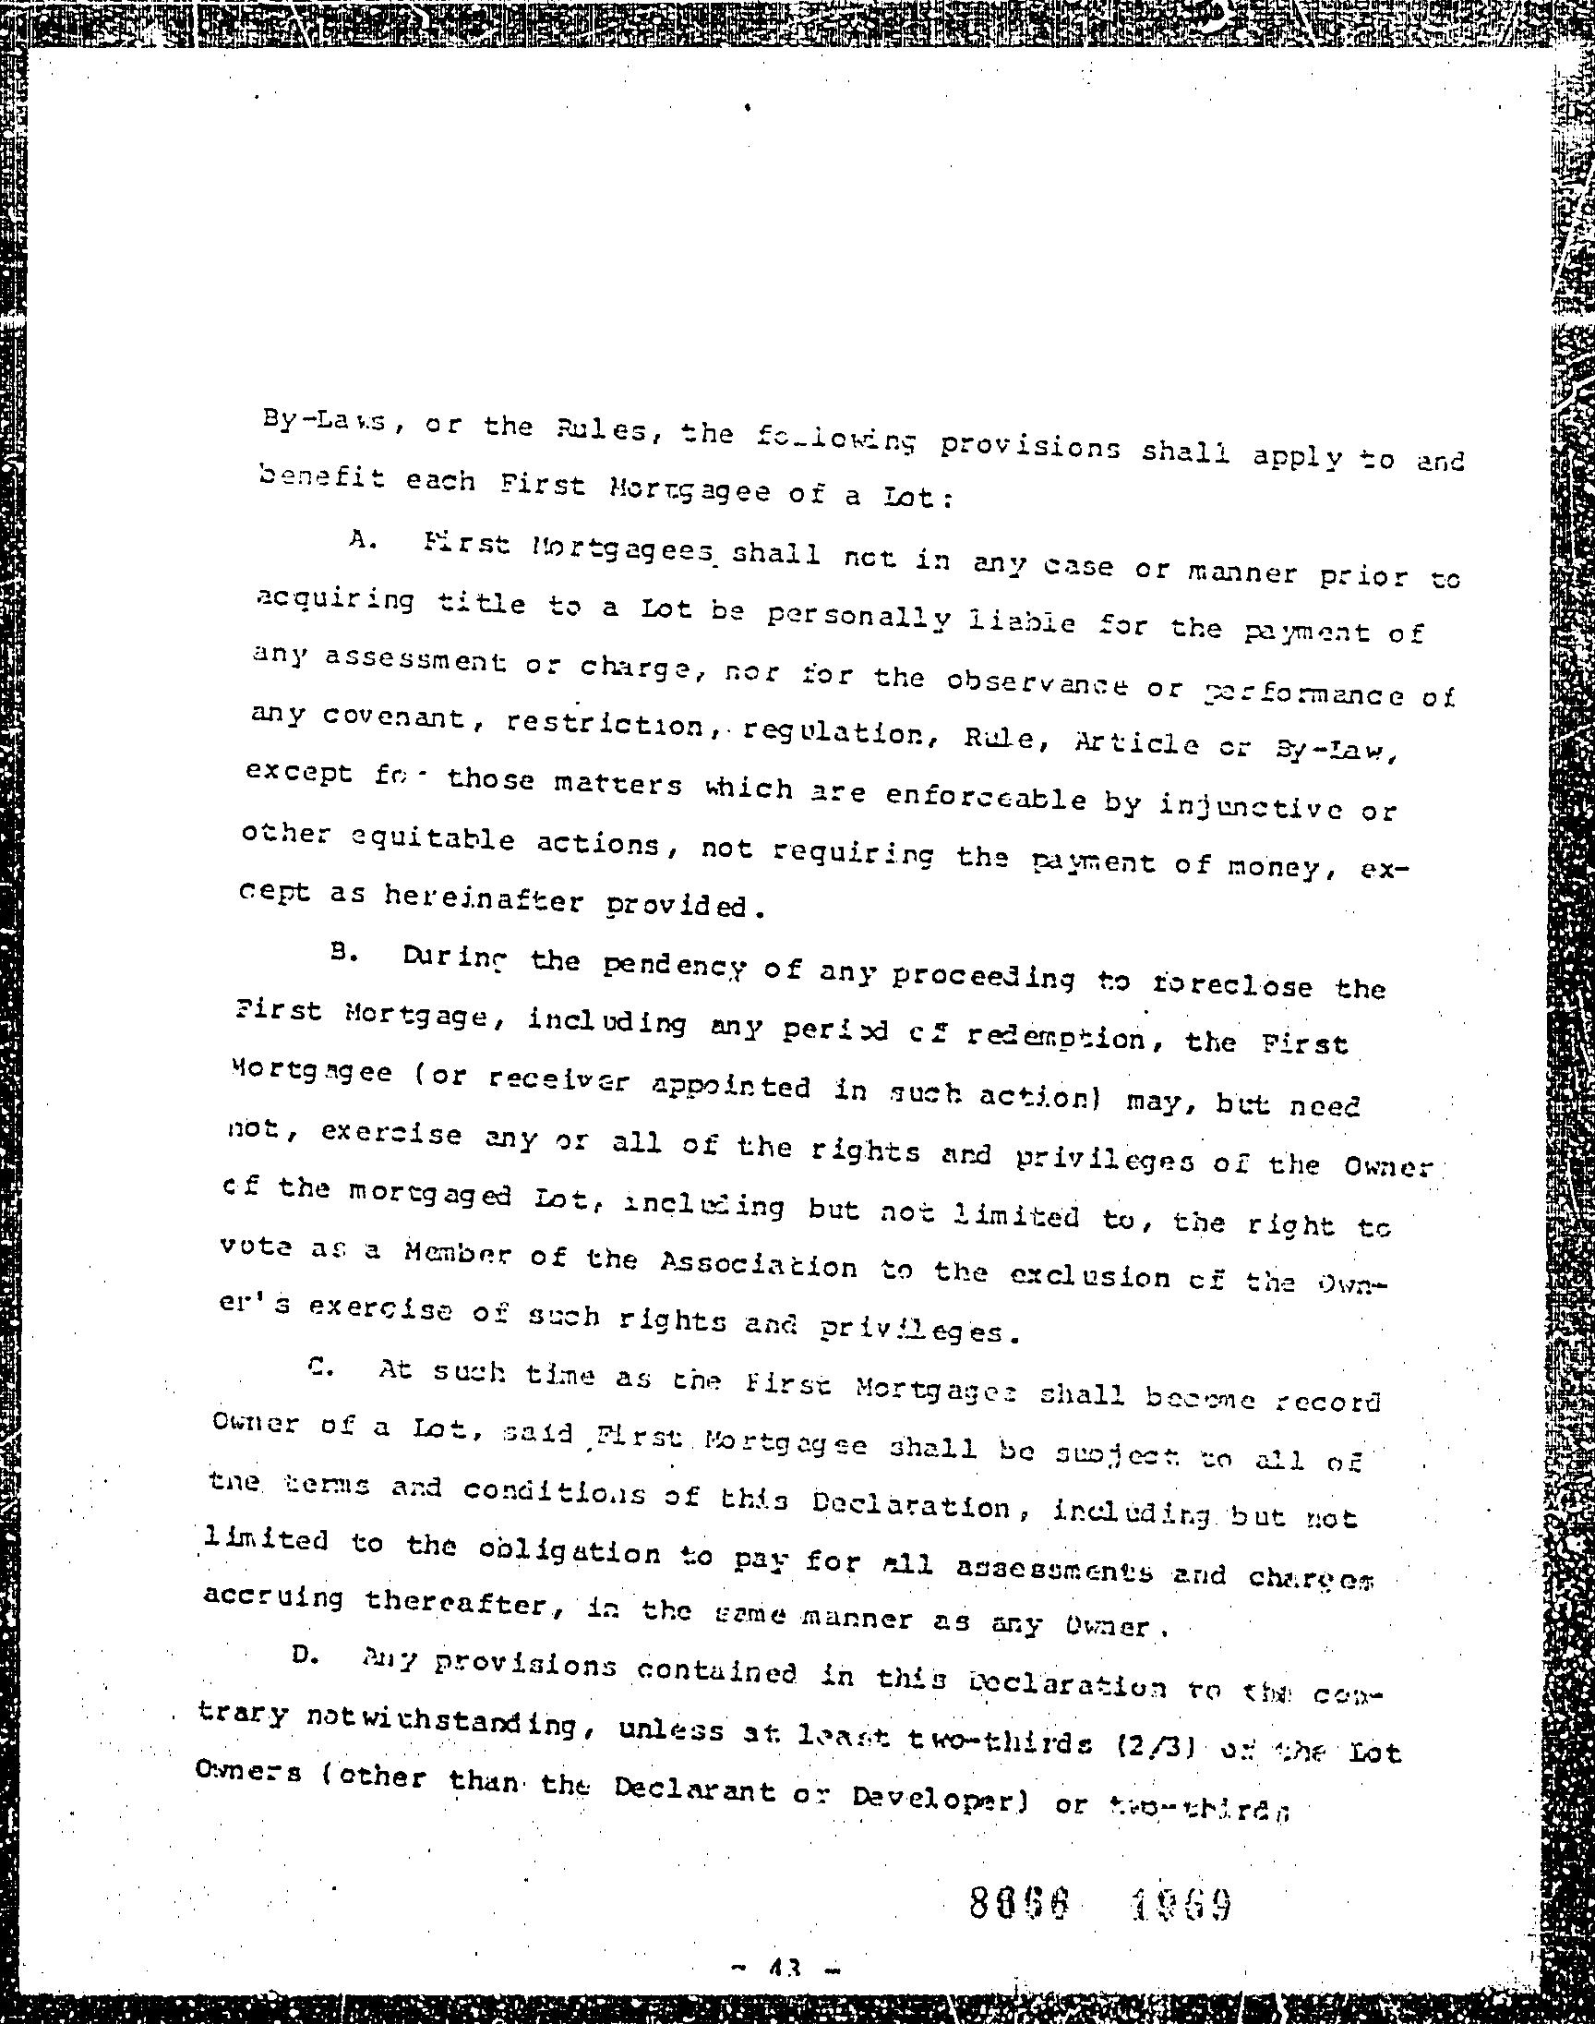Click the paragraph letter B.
coord(340,952)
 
